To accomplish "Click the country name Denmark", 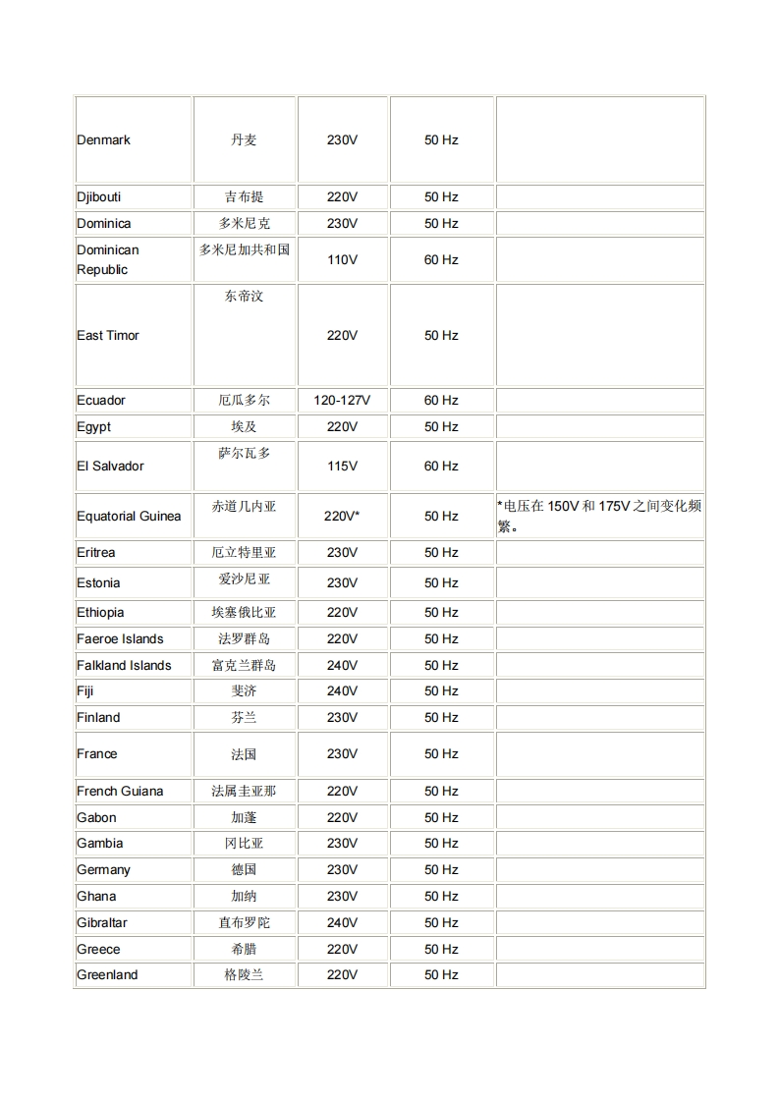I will pyautogui.click(x=104, y=140).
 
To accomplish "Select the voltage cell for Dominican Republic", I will pyautogui.click(x=342, y=260).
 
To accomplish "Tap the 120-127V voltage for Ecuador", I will pyautogui.click(x=342, y=401).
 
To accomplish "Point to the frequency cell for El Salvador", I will pyautogui.click(x=441, y=467).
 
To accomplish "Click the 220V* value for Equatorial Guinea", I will pyautogui.click(x=342, y=517).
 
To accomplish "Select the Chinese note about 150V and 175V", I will pyautogui.click(x=598, y=516).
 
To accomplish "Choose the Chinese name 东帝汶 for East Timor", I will pyautogui.click(x=244, y=297).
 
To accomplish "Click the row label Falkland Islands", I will pyautogui.click(x=124, y=666).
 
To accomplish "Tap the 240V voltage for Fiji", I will pyautogui.click(x=342, y=691).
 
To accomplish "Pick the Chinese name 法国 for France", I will pyautogui.click(x=244, y=754).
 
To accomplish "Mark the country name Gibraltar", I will pyautogui.click(x=103, y=923).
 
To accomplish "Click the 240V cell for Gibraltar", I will pyautogui.click(x=342, y=923).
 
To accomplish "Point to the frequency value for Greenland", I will pyautogui.click(x=441, y=975).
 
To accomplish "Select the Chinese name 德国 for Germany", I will pyautogui.click(x=244, y=870).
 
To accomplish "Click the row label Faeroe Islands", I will pyautogui.click(x=120, y=639).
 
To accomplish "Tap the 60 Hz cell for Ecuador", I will pyautogui.click(x=441, y=401).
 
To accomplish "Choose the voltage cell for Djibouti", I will pyautogui.click(x=342, y=197).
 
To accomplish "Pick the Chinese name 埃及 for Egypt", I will pyautogui.click(x=244, y=427).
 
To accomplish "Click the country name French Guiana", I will pyautogui.click(x=120, y=792).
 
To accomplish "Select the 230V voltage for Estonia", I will pyautogui.click(x=342, y=583).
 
